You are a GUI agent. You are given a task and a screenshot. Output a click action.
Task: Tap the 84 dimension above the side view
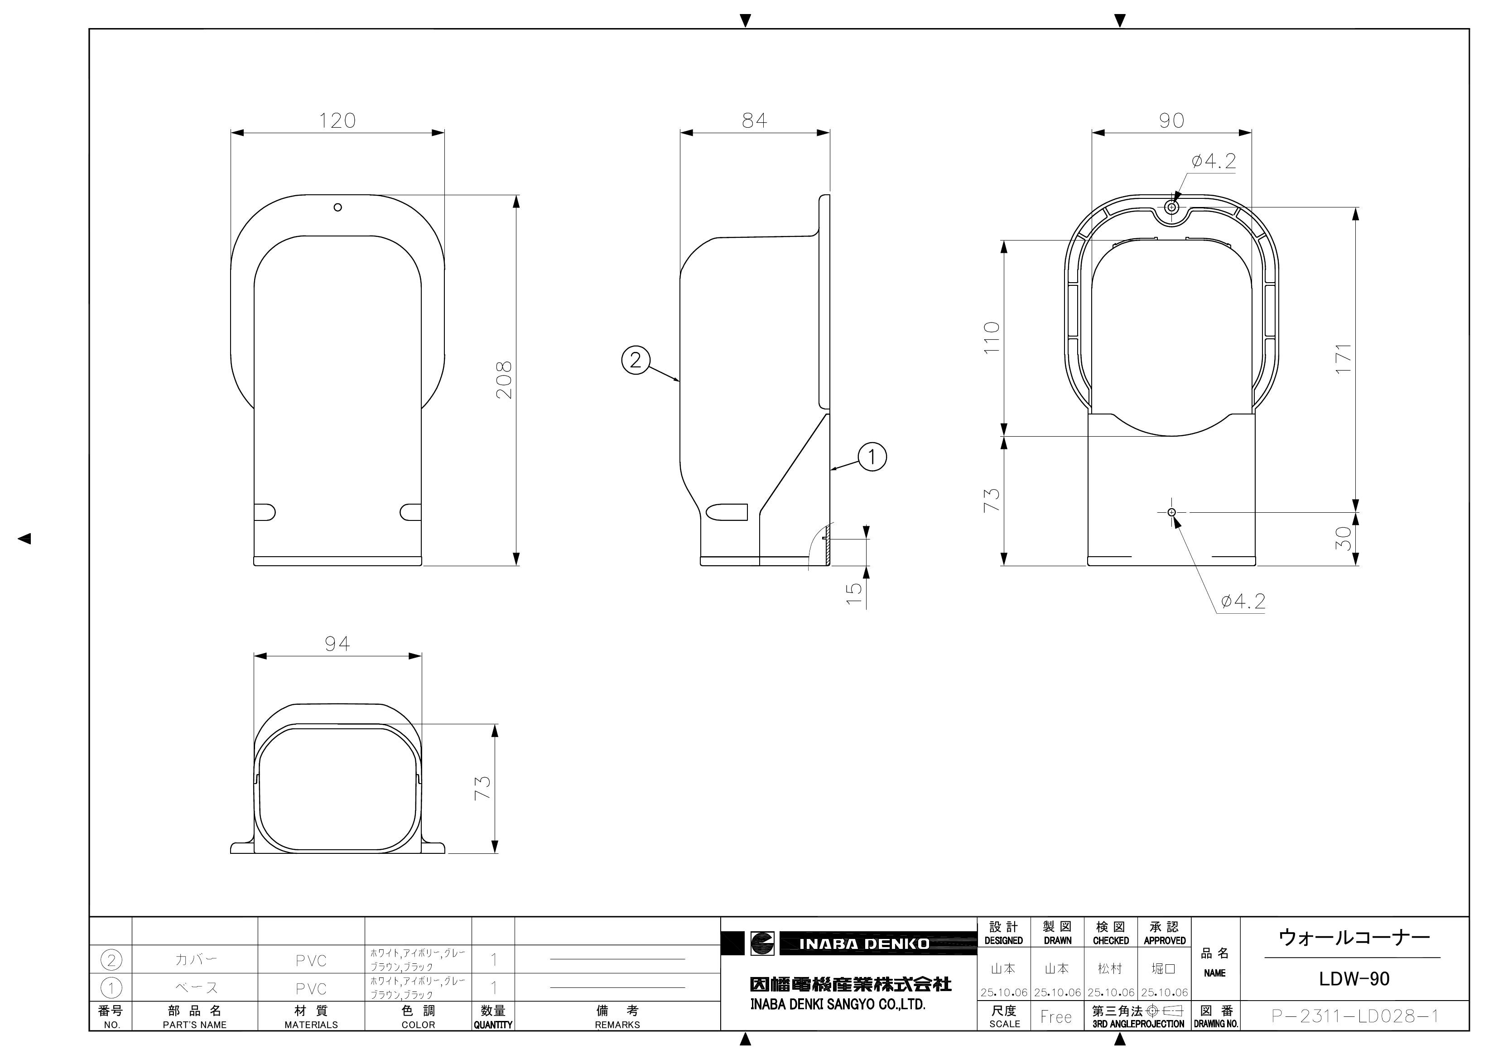click(754, 121)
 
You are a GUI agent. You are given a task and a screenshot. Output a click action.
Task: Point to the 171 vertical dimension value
click(1343, 358)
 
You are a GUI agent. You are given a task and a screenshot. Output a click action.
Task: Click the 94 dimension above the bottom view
click(337, 644)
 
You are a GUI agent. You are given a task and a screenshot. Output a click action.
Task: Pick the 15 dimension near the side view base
click(854, 592)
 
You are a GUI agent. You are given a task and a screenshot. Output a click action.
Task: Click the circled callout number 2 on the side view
click(636, 360)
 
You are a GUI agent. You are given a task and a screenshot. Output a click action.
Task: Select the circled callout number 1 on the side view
click(872, 457)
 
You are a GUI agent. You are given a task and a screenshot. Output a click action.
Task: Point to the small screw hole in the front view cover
click(337, 207)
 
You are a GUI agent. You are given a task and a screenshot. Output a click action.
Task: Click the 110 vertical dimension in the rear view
click(992, 337)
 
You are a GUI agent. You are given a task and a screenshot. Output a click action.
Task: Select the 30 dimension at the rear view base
click(1343, 539)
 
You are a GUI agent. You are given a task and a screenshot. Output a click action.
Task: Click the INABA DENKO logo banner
click(863, 943)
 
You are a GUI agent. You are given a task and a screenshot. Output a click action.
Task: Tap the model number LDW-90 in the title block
click(1354, 979)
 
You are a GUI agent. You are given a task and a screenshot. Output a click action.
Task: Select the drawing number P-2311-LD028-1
click(1354, 1016)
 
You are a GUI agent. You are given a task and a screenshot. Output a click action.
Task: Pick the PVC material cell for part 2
click(311, 960)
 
